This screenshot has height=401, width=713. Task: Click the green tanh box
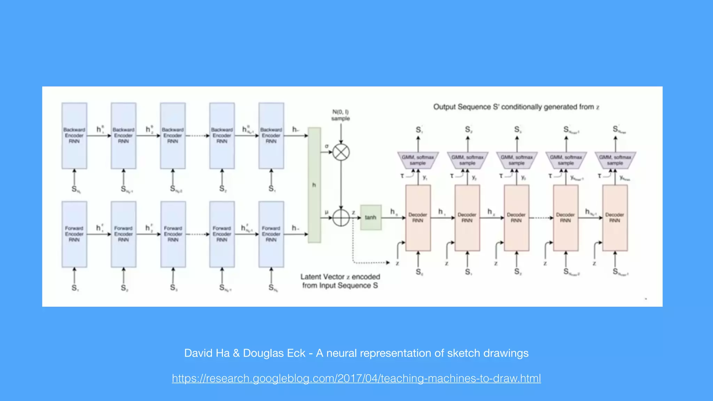click(370, 217)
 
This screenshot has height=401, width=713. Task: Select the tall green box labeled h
click(314, 185)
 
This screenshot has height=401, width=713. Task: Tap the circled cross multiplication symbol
click(341, 152)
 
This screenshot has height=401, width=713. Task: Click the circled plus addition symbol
click(341, 218)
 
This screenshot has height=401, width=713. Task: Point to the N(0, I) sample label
click(340, 115)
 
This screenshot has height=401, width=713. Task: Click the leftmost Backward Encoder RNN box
click(74, 135)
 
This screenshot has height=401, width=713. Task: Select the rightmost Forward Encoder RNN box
click(271, 234)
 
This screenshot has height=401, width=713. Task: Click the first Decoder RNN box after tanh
click(418, 218)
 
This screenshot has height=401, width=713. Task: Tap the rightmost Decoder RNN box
click(615, 218)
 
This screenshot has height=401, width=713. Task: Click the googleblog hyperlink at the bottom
click(356, 378)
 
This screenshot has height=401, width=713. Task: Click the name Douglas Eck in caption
click(274, 353)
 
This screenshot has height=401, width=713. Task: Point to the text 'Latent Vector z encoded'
click(340, 277)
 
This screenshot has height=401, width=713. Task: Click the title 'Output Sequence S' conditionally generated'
click(516, 107)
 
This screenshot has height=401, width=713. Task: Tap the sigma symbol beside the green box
click(327, 146)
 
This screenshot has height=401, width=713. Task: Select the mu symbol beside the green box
click(327, 212)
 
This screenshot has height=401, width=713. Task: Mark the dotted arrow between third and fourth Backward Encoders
click(197, 135)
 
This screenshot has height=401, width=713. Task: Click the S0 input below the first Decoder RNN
click(419, 272)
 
